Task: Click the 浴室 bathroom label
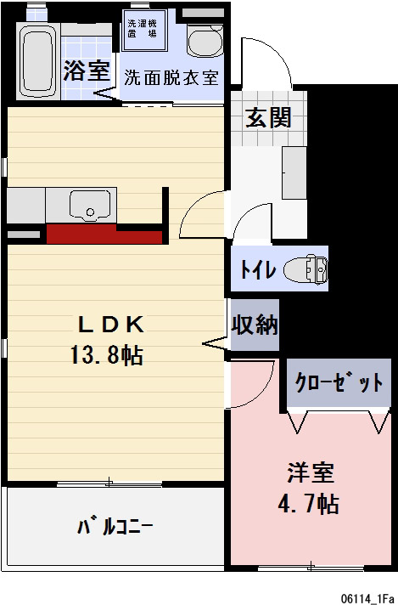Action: pos(87,71)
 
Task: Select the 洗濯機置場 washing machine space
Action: pos(142,29)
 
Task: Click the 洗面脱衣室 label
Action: pos(171,78)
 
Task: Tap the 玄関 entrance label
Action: pos(268,117)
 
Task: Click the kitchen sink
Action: pos(89,205)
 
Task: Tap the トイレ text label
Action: pos(257,270)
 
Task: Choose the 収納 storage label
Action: pos(255,325)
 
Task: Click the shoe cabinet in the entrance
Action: pos(294,171)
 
